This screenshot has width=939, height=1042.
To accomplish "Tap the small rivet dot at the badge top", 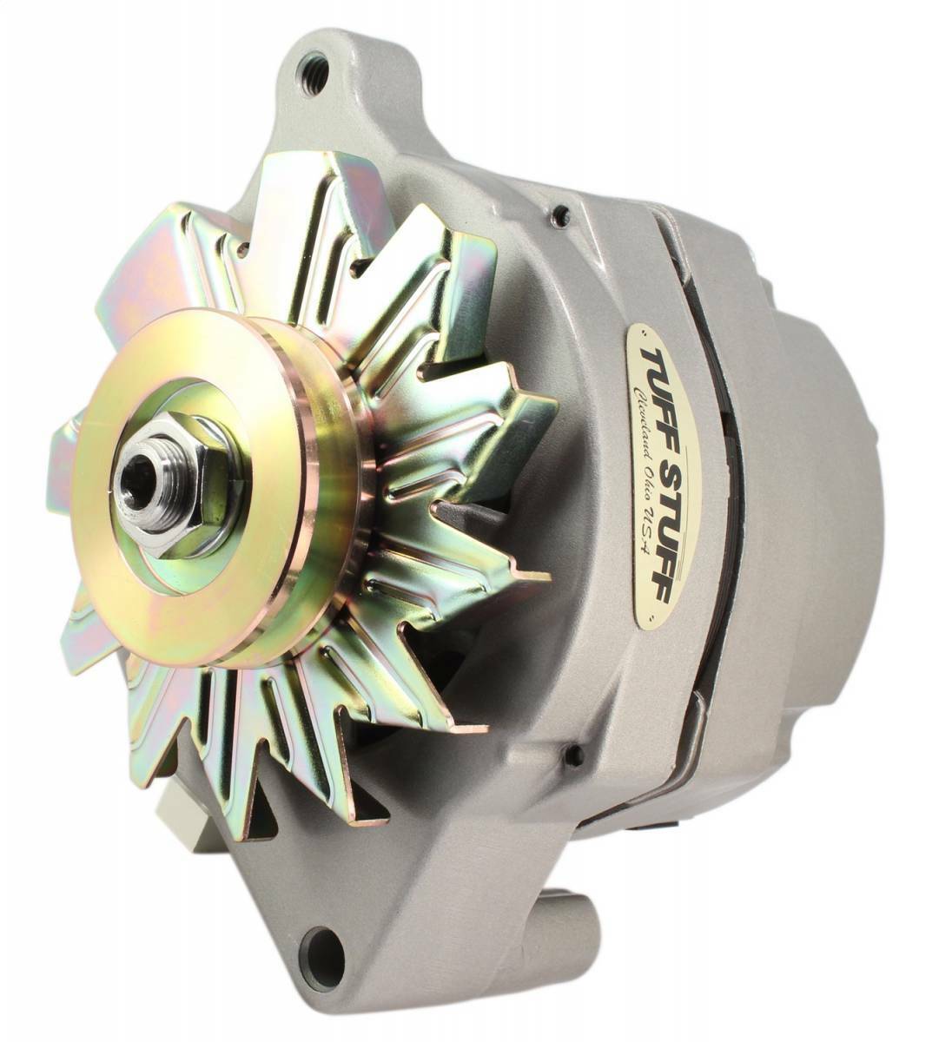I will tap(642, 332).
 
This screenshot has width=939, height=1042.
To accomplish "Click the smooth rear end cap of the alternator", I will tap(825, 521).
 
